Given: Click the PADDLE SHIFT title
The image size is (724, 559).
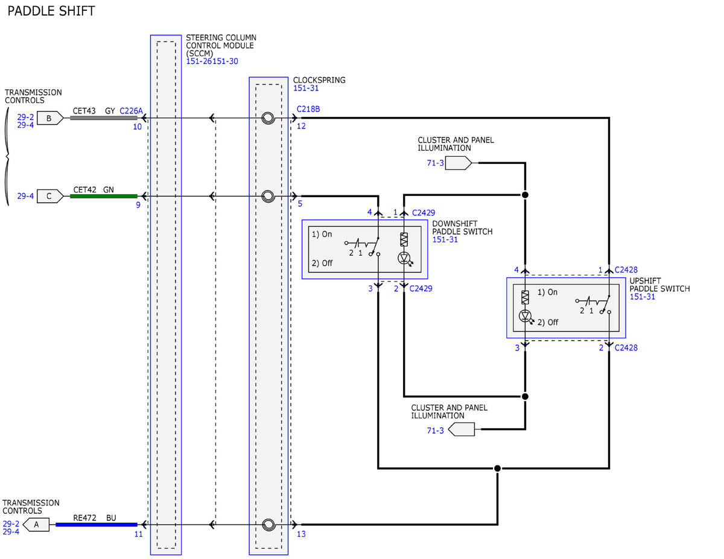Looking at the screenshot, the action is [x=51, y=11].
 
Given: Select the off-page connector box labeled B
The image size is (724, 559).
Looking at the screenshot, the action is [x=50, y=118].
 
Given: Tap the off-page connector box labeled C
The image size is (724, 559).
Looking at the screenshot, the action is [x=50, y=196].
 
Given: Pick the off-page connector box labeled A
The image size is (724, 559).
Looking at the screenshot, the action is [x=36, y=525].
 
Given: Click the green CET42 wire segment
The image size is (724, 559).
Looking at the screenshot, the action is [x=104, y=197].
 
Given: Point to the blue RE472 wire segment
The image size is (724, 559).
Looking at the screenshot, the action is [x=97, y=525].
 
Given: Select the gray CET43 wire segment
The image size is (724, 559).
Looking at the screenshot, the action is [x=104, y=118].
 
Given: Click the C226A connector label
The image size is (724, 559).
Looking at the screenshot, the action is [x=131, y=111].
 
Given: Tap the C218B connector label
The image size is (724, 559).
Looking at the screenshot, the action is [x=308, y=109].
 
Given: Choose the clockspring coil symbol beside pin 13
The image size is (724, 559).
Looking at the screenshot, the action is [x=268, y=525].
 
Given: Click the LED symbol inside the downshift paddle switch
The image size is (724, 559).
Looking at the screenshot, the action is [x=405, y=258].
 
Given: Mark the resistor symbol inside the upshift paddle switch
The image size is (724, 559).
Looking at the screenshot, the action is [x=525, y=297].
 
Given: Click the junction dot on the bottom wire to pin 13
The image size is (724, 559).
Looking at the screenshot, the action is [x=497, y=469].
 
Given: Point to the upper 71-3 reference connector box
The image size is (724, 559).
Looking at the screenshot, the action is [x=459, y=163].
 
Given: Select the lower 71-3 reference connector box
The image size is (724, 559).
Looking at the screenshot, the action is [x=462, y=429].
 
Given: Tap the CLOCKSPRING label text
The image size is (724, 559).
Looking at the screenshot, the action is [x=319, y=80].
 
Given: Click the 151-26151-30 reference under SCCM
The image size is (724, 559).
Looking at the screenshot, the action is [x=212, y=62].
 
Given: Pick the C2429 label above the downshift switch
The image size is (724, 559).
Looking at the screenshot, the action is [x=424, y=213].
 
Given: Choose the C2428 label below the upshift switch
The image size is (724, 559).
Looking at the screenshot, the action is [x=626, y=348].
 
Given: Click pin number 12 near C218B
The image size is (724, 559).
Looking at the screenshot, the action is [x=301, y=126].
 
